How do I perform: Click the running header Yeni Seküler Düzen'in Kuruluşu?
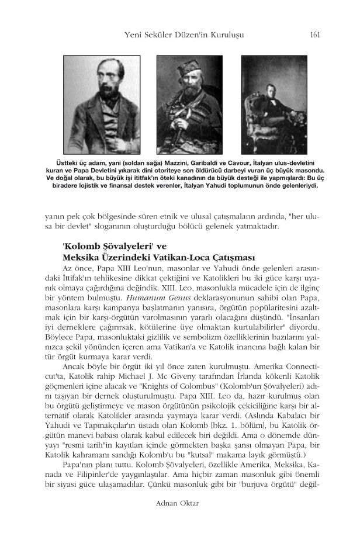(185, 36)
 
